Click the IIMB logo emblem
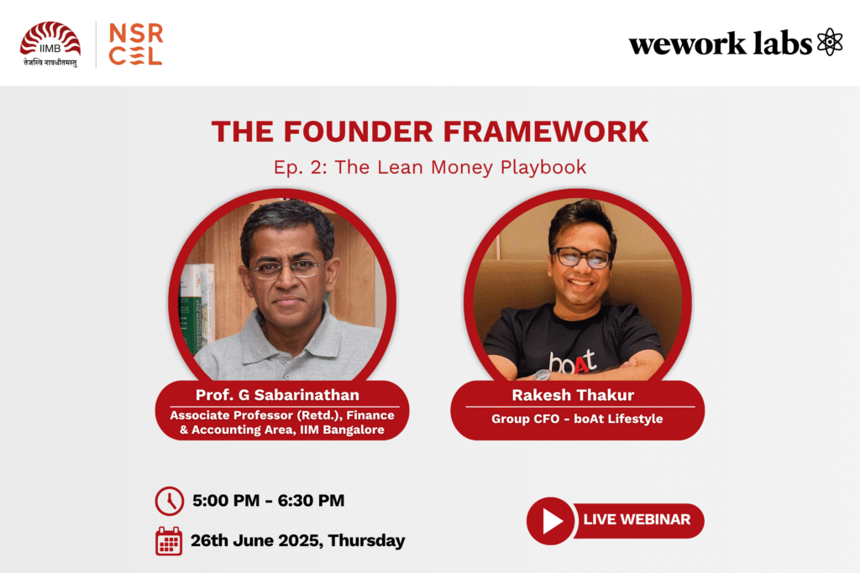tap(50, 44)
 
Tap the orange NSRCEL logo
tap(136, 44)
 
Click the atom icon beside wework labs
tap(830, 42)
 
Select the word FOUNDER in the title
tap(358, 132)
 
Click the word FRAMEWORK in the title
tap(546, 132)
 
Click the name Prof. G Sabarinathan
tap(277, 395)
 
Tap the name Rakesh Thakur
tap(573, 395)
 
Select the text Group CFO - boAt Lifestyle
tap(577, 419)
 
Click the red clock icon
tap(170, 501)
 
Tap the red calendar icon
tap(169, 541)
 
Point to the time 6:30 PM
tap(311, 501)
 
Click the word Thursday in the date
tap(367, 540)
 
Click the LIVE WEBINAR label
tap(637, 519)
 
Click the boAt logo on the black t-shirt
tap(573, 362)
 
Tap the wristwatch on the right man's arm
tap(542, 375)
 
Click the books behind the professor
tap(197, 307)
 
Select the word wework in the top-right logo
tap(688, 44)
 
